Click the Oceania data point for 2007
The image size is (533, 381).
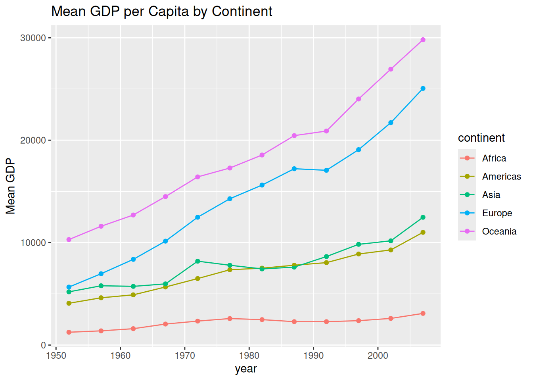[x=423, y=40]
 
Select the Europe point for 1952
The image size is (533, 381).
[x=69, y=287]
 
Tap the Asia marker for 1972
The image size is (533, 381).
[x=197, y=261]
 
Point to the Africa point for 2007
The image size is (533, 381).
[x=423, y=314]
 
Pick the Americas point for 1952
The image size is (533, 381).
[x=69, y=303]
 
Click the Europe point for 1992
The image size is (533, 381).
[x=326, y=170]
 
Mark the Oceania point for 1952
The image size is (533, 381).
[x=69, y=240]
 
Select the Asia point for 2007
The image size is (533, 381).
[x=423, y=217]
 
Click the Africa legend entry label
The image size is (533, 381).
[x=494, y=158]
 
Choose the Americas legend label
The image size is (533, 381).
[x=501, y=177]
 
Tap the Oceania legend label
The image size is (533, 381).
[x=499, y=231]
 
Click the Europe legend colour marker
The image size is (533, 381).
[x=467, y=213]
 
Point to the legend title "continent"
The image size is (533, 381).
[x=481, y=138]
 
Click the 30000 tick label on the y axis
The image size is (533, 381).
[x=33, y=38]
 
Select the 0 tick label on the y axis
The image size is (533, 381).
[x=43, y=345]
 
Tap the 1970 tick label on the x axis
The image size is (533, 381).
[x=185, y=356]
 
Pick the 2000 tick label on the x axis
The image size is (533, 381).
[x=378, y=356]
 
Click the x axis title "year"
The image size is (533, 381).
[x=246, y=369]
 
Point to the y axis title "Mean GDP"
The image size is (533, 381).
[x=11, y=186]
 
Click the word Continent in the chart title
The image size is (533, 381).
[x=242, y=12]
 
